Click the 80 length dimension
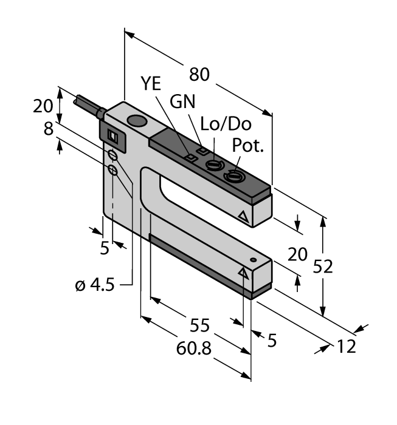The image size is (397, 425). pyautogui.click(x=199, y=75)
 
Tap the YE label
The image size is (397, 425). pyautogui.click(x=151, y=83)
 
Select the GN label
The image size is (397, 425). pyautogui.click(x=182, y=101)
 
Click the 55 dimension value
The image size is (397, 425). pyautogui.click(x=199, y=325)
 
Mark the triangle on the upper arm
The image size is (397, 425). pyautogui.click(x=244, y=216)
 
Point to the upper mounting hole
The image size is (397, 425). pyautogui.click(x=113, y=157)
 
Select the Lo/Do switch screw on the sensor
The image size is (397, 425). pyautogui.click(x=214, y=165)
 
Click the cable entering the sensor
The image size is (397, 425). pyautogui.click(x=89, y=106)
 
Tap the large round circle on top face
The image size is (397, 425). pyautogui.click(x=138, y=122)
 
